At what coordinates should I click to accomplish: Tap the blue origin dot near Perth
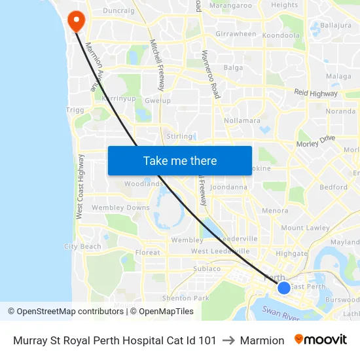283,287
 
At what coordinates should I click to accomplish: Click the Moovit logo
321,340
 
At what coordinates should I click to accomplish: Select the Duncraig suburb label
118,11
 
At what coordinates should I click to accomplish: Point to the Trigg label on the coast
75,110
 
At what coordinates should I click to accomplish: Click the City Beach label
82,247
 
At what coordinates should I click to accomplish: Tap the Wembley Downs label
121,208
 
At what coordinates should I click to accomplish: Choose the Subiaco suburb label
207,268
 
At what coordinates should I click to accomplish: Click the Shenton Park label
185,298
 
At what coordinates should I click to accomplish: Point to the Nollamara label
242,121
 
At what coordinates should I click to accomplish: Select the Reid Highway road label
315,94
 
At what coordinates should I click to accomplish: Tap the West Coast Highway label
80,187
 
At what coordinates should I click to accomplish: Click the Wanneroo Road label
209,75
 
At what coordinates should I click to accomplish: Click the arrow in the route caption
228,340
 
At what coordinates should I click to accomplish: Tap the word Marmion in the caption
262,340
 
